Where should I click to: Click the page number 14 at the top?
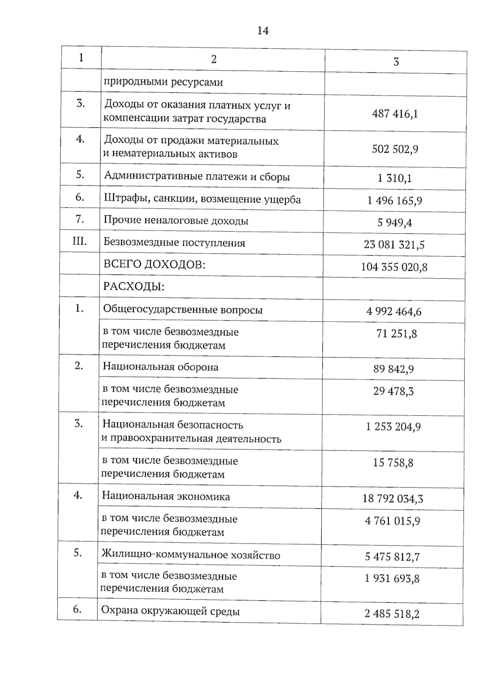(263, 31)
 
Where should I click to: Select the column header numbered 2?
(214, 59)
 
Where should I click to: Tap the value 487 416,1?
(395, 114)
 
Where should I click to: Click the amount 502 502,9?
(395, 149)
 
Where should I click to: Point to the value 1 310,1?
(394, 178)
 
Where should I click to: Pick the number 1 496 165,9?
(394, 200)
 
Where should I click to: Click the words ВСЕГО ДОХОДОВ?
(155, 264)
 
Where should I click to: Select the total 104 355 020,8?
(394, 267)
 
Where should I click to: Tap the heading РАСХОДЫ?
(134, 287)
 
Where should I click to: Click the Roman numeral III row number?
(79, 241)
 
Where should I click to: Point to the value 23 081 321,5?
(394, 244)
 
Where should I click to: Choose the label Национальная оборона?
(161, 367)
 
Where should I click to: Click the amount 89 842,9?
(393, 369)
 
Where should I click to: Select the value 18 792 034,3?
(392, 499)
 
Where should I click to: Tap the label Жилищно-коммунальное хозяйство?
(191, 555)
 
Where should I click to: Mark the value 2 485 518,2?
(392, 614)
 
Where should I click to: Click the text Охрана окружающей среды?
(170, 611)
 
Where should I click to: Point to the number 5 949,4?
(394, 222)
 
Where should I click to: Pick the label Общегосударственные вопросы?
(183, 309)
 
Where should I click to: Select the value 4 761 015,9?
(392, 521)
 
